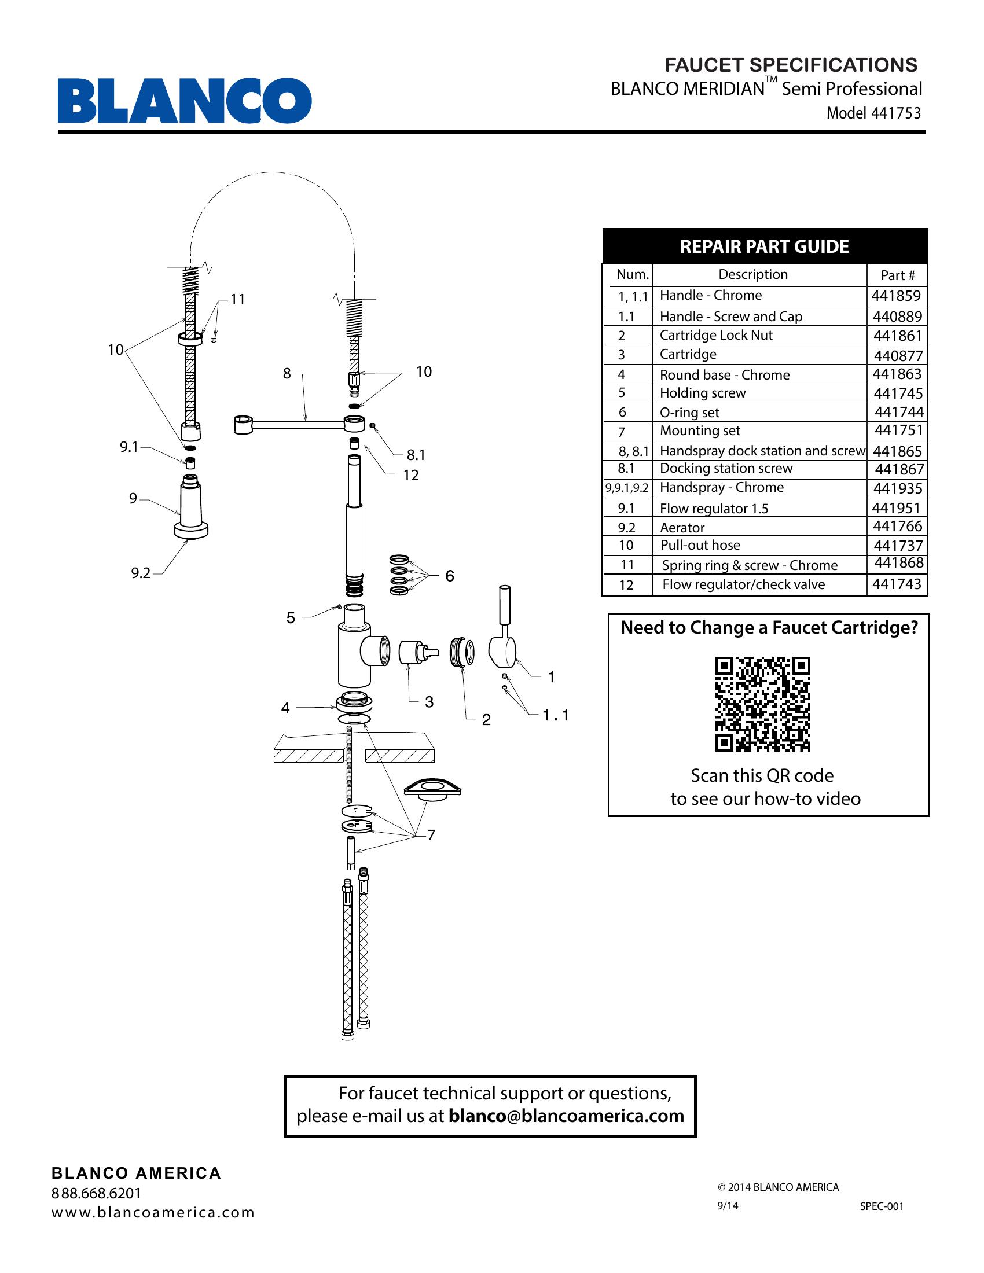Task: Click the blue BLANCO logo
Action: coord(184,100)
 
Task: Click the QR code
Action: coord(762,704)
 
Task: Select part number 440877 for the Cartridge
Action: coord(898,355)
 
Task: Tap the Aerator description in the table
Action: coord(682,528)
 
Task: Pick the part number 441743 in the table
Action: coord(897,584)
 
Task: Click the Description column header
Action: coord(752,274)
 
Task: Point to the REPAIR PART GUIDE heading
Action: coord(764,246)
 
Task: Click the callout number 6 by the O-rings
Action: coord(449,576)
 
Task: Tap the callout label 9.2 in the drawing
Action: coord(141,573)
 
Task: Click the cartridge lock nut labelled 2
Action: coord(462,652)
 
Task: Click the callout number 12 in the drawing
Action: coord(411,476)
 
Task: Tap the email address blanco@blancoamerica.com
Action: coord(566,1116)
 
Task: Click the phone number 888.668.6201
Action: coord(96,1193)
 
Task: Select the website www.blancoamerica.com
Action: coord(153,1212)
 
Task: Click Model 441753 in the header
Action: coord(873,113)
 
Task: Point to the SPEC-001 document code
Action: coord(882,1206)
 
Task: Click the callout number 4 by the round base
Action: coord(285,708)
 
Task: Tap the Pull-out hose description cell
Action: coord(700,546)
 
